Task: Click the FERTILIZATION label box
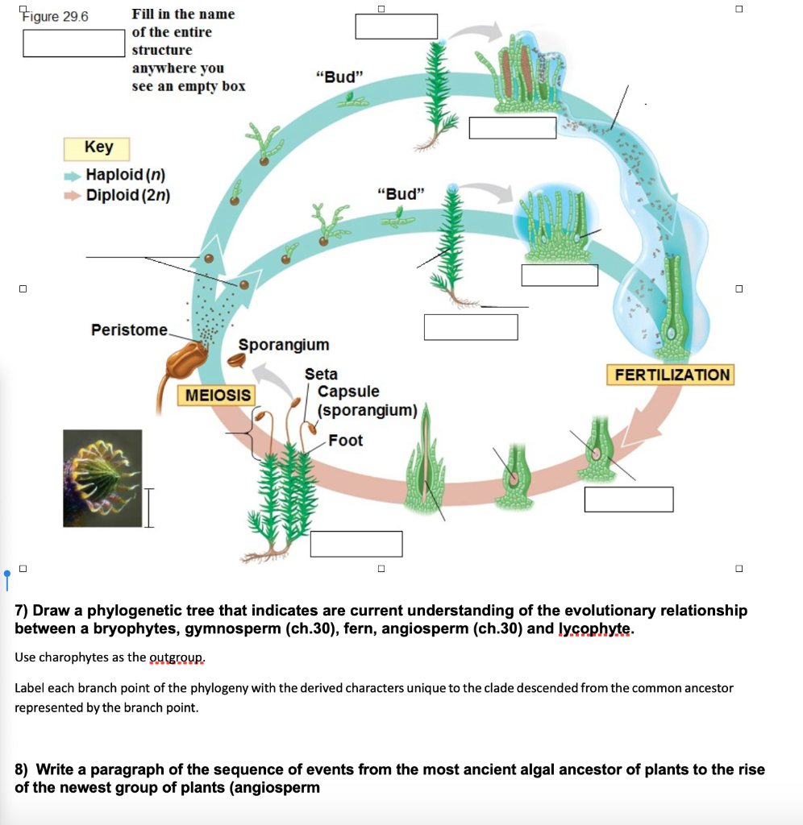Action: pyautogui.click(x=672, y=375)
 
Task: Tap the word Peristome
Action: pyautogui.click(x=129, y=330)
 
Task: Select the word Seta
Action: pyautogui.click(x=321, y=374)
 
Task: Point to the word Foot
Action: pyautogui.click(x=345, y=440)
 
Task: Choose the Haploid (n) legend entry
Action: pyautogui.click(x=125, y=175)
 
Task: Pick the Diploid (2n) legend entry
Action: pyautogui.click(x=127, y=195)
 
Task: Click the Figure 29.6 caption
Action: pyautogui.click(x=56, y=16)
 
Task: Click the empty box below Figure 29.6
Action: pyautogui.click(x=73, y=43)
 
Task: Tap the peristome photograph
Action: pyautogui.click(x=102, y=478)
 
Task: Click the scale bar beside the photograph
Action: pyautogui.click(x=148, y=506)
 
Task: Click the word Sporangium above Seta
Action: pyautogui.click(x=284, y=345)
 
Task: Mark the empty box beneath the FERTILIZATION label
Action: pyautogui.click(x=629, y=499)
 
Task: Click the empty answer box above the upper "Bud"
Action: pyautogui.click(x=396, y=27)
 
